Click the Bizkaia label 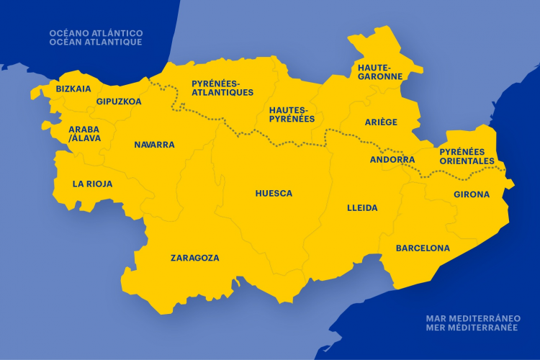coord(73,89)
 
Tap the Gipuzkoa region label coord(119,102)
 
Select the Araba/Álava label coord(84,134)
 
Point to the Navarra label coord(154,145)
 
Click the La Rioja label coord(92,184)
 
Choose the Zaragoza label coord(194,258)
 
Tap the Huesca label coord(274,194)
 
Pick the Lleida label coord(362,208)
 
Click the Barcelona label coord(423,248)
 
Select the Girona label coord(472,194)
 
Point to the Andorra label coord(392,160)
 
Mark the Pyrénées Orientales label coord(467,156)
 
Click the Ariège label coord(381,122)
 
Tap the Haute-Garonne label coord(379,71)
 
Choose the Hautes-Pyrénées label coord(292,114)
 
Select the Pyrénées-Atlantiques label coord(222,88)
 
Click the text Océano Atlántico coord(96,33)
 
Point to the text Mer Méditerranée coord(473,327)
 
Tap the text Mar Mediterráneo coord(473,318)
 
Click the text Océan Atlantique coord(95,42)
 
